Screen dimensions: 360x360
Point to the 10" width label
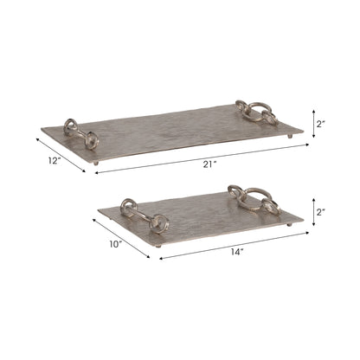click(116, 243)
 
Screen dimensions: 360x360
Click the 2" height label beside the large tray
click(320, 124)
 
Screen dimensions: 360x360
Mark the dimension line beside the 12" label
click(61, 152)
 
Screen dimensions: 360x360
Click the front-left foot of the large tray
click(96, 161)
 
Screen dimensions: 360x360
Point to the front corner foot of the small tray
click(158, 247)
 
